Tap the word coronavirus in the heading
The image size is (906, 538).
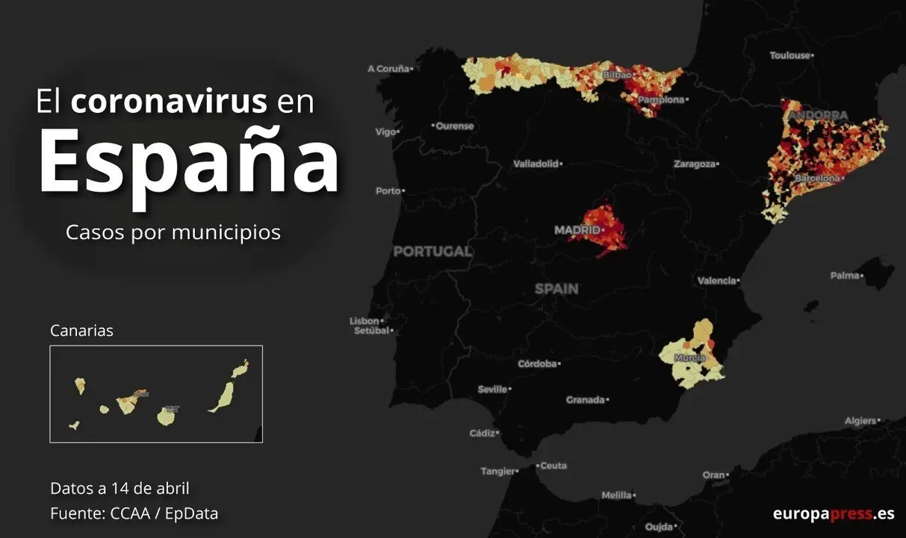[x=169, y=101]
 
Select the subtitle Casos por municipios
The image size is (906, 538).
[x=173, y=232]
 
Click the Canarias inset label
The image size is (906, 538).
[x=81, y=330]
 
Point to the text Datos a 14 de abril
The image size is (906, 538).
[x=120, y=489]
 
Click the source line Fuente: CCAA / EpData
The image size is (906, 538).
[x=134, y=513]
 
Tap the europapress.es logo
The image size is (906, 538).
[x=833, y=513]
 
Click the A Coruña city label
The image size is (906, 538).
[x=388, y=69]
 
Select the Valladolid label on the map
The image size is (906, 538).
[x=536, y=164]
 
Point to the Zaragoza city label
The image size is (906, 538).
[x=694, y=164]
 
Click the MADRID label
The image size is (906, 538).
[x=577, y=230]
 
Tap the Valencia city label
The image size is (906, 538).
[x=716, y=281]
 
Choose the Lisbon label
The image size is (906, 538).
[x=364, y=321]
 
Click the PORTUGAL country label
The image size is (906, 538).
[x=432, y=252]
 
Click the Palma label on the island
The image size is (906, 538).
[x=845, y=276]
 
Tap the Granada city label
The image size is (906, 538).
[x=585, y=401]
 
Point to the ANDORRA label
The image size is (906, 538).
[x=818, y=116]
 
